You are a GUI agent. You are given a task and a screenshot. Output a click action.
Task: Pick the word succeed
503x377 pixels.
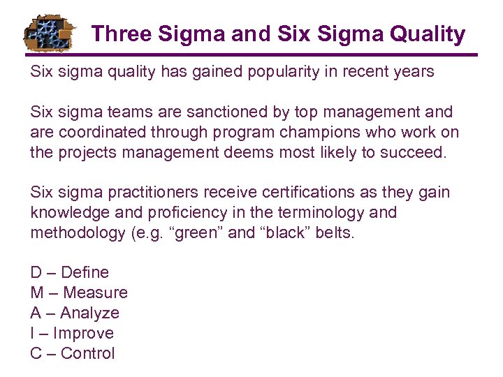tap(414, 152)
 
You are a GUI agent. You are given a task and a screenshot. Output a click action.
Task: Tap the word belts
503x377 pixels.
tap(336, 233)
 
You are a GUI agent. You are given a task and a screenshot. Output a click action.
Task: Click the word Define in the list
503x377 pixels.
tap(85, 272)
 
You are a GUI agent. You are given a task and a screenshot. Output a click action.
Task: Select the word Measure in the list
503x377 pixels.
tap(95, 293)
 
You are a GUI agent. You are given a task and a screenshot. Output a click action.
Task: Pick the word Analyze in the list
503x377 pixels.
tap(90, 313)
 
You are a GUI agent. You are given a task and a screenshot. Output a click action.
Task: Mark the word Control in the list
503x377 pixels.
tap(87, 353)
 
